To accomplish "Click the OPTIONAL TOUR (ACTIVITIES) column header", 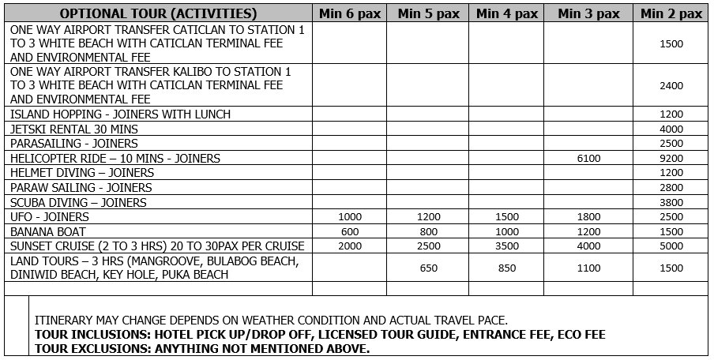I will click(158, 13).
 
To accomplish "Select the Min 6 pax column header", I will click(349, 13).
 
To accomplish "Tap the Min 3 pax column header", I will click(588, 13).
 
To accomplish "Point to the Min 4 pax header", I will click(508, 13).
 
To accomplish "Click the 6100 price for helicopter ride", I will click(588, 159).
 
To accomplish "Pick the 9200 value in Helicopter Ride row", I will click(671, 159).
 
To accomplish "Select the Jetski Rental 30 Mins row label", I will click(74, 129).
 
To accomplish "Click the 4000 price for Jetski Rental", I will click(671, 129).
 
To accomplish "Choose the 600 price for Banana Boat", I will click(349, 231).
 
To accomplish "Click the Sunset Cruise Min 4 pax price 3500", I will click(508, 246).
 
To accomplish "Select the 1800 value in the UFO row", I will click(588, 217).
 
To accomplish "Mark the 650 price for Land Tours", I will click(428, 268).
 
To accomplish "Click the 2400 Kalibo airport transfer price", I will click(671, 86).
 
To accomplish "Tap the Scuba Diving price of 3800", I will click(671, 202).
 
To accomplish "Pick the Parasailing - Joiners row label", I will click(74, 144).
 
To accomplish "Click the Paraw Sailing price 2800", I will click(671, 188).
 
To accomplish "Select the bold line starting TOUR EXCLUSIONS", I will click(202, 348).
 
